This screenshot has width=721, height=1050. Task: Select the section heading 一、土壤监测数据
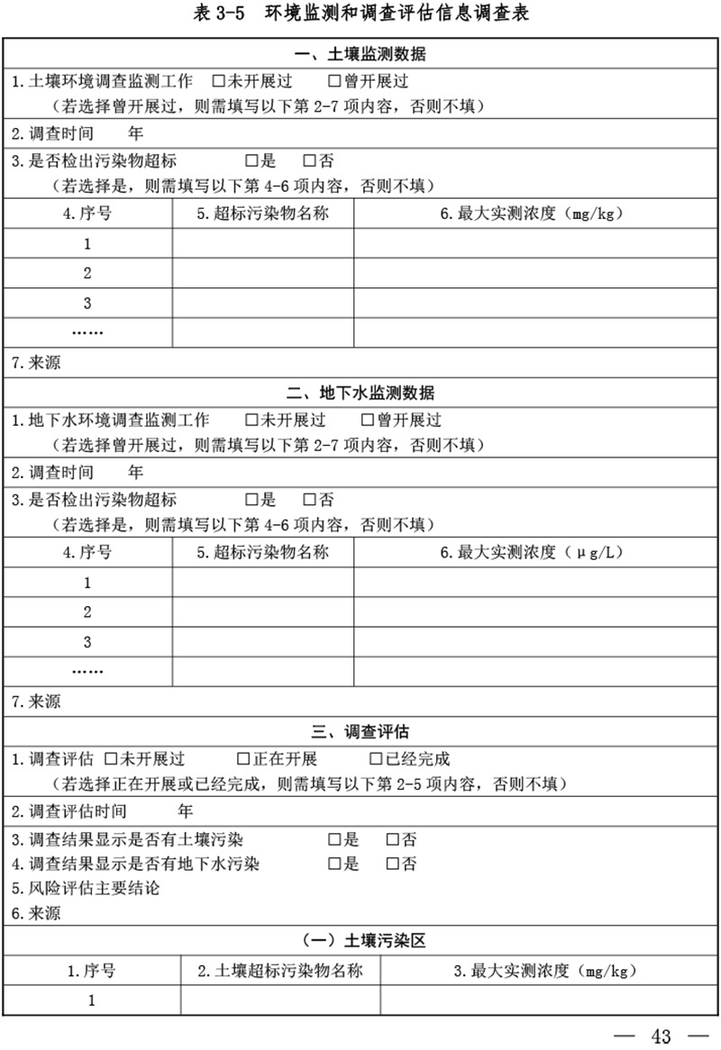[x=360, y=55]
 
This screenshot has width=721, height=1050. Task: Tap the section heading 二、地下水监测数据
[x=360, y=394]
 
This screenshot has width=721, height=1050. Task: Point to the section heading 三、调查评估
[x=360, y=731]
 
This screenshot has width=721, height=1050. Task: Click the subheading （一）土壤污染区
[x=361, y=941]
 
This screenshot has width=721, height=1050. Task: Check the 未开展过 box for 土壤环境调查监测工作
[x=217, y=81]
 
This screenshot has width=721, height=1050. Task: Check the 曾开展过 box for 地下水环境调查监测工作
[x=367, y=421]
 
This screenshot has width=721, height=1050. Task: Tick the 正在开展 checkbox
[x=242, y=759]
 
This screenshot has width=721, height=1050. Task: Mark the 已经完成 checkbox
[x=375, y=759]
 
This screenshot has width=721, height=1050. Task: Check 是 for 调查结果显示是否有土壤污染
[x=333, y=840]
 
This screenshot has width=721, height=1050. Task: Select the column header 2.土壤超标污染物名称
[x=280, y=971]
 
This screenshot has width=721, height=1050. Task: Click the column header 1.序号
[x=91, y=971]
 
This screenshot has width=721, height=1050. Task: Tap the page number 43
[x=662, y=1036]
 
